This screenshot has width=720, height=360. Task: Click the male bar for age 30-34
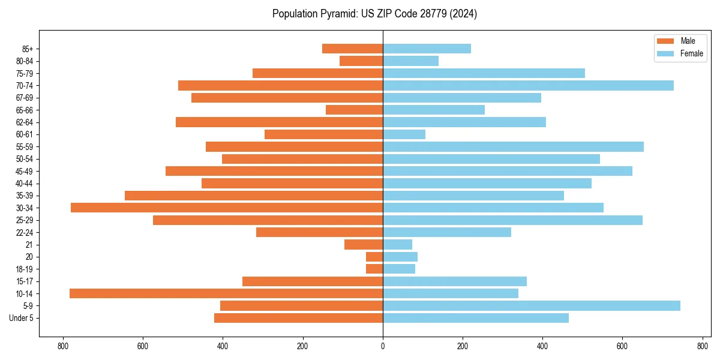227,208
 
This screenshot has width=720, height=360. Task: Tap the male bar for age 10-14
226,293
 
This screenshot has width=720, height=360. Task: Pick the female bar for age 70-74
528,85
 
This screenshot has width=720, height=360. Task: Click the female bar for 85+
427,49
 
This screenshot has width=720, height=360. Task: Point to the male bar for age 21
364,244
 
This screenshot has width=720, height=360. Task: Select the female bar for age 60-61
404,134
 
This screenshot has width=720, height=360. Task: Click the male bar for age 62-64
279,122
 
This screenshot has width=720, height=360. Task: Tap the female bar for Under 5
476,318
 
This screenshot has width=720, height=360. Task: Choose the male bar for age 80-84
361,61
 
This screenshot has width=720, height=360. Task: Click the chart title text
374,14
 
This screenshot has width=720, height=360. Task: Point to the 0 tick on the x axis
383,346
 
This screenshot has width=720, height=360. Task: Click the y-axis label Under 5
21,318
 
